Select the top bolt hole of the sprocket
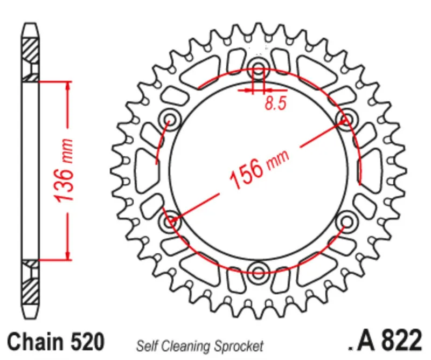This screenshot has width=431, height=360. coord(259,68)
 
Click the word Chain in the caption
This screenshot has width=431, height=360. coord(36,342)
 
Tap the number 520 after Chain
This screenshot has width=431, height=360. coord(87,342)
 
